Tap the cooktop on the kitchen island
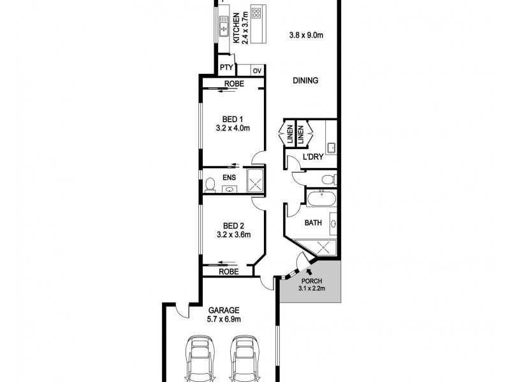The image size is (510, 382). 258,13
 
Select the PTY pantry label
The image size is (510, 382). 226,67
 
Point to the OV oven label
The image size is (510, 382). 257,71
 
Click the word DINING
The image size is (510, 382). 305,81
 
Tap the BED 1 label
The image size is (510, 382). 232,119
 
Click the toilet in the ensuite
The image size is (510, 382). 210,185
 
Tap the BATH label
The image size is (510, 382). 312,223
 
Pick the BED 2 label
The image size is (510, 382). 232,225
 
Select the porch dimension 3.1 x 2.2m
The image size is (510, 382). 312,289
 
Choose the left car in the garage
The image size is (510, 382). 199,358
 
